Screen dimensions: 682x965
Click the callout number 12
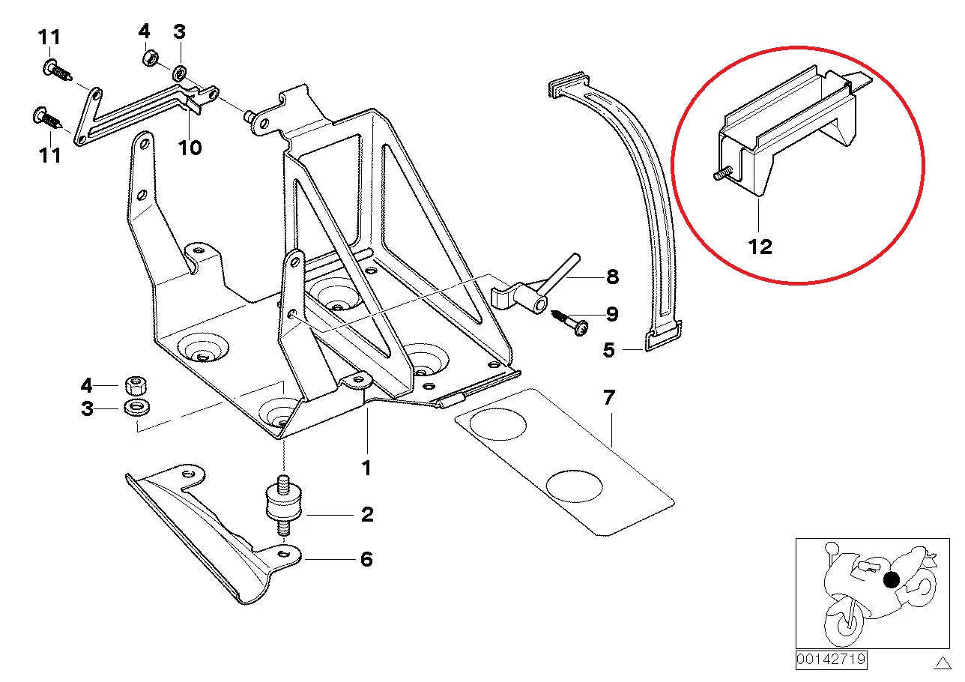pos(760,247)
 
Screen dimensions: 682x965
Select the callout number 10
pos(190,148)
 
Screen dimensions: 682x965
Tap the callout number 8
pos(612,277)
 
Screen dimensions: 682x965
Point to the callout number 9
pos(612,313)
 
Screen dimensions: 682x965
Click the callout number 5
pos(608,350)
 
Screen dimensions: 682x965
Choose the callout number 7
pos(608,398)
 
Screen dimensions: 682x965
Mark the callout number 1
pos(366,468)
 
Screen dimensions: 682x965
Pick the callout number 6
pos(366,559)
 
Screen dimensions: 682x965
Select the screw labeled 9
pos(569,323)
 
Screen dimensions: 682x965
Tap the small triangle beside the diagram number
pos(942,662)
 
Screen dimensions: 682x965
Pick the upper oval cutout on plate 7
pos(497,425)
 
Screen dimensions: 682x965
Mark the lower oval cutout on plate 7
pos(574,486)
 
